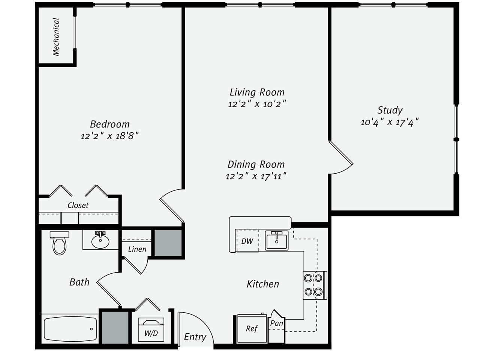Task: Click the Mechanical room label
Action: tap(56, 37)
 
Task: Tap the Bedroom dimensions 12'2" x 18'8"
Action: tap(109, 136)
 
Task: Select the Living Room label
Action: tap(257, 92)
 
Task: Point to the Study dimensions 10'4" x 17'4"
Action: tap(389, 122)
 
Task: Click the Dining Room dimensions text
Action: tap(256, 176)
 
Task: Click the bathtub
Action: tap(70, 329)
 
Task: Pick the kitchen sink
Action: tap(276, 240)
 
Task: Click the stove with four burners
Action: tap(314, 285)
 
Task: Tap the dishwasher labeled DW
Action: tap(247, 241)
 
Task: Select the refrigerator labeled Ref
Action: tap(252, 329)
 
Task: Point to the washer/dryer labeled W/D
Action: tap(151, 330)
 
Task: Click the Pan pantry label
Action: tap(277, 323)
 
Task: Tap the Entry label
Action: tap(195, 337)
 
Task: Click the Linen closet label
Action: tap(137, 249)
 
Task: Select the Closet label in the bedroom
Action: tap(78, 205)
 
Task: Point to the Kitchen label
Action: tap(262, 284)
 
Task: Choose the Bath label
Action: tap(79, 282)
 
